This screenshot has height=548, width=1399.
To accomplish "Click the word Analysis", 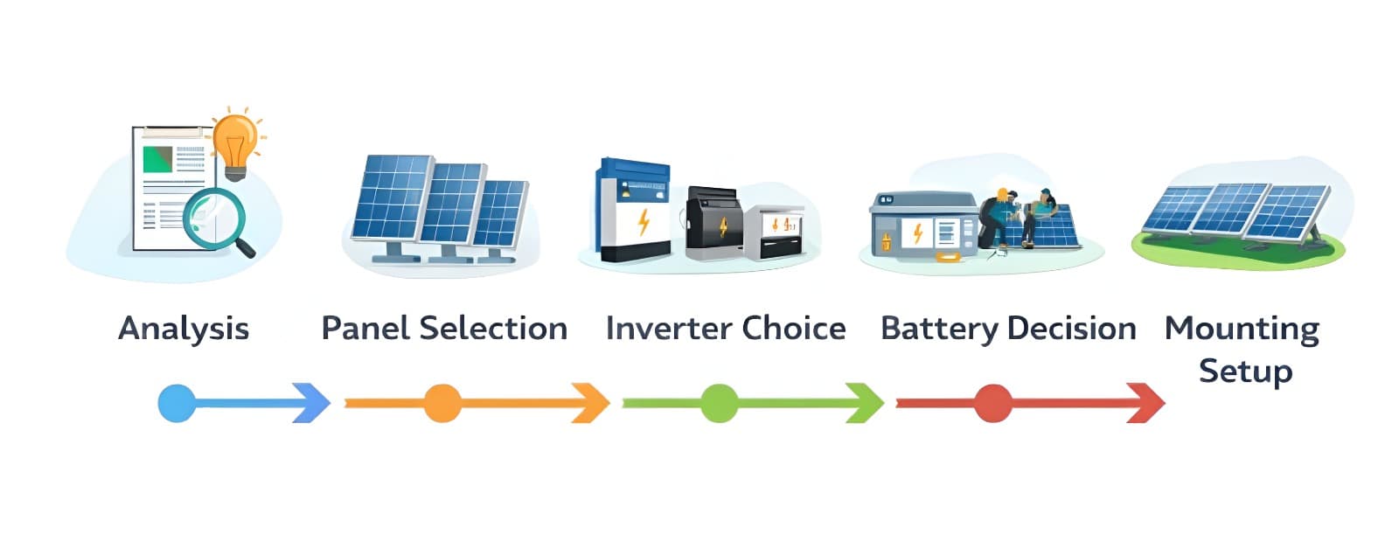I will [x=184, y=329].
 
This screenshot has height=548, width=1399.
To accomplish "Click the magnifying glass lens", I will [x=213, y=215].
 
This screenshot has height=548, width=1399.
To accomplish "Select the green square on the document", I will [x=158, y=159].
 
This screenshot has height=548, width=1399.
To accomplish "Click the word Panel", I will [x=365, y=329].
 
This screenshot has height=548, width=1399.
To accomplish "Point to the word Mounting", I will [x=1242, y=329].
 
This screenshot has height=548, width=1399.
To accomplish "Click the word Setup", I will [x=1245, y=371].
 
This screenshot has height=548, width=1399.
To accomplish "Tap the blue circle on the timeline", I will [x=177, y=403].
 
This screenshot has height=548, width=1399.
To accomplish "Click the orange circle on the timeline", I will [x=442, y=403].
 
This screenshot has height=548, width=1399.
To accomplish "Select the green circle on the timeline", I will [x=719, y=403].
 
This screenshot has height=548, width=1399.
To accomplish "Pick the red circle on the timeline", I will [x=993, y=403].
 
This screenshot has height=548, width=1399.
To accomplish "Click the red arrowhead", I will [x=1145, y=403].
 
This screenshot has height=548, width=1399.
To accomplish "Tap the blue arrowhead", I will [x=311, y=403].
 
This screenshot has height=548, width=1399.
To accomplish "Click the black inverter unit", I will [x=713, y=224].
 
